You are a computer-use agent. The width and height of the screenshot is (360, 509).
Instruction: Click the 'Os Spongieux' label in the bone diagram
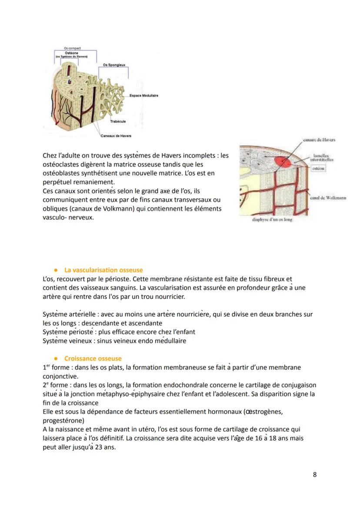pos(114,64)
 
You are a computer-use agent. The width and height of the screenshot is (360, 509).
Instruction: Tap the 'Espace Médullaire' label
pos(144,96)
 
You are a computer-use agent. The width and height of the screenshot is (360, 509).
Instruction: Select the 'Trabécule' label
pos(118,121)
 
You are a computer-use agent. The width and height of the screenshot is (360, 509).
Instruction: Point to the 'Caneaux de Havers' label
pos(116,136)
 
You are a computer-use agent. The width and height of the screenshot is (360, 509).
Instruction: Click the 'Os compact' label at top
pos(72,48)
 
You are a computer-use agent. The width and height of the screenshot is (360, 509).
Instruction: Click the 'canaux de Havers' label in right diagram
pos(320,140)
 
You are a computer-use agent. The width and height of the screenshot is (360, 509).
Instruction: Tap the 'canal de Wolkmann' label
pos(328,198)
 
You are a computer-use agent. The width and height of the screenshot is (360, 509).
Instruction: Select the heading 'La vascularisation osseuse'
pos(103,270)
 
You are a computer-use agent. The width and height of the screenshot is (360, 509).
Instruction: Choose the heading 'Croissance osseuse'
pos(93,358)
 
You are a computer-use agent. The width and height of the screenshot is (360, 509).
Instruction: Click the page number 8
pos(315,474)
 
